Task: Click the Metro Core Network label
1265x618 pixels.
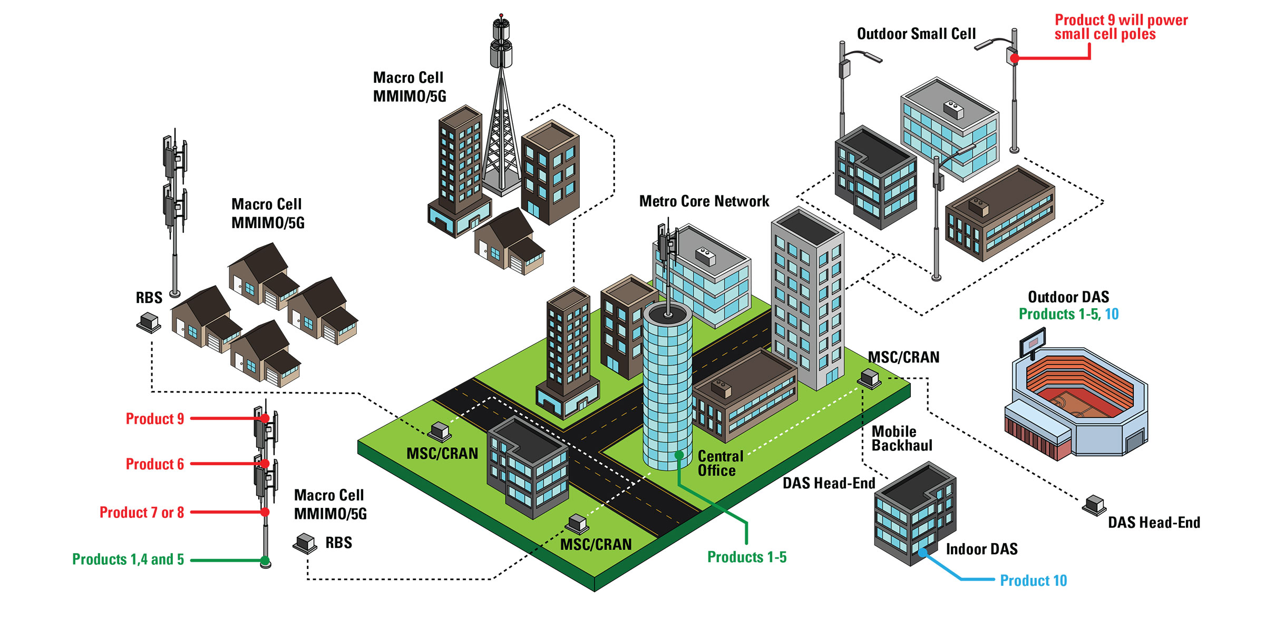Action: coord(704,201)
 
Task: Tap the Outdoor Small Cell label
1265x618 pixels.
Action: coord(916,34)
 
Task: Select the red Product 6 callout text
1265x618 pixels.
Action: coord(154,464)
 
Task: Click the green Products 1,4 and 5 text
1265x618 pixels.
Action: coord(128,560)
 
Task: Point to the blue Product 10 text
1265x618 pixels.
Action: coord(1033,581)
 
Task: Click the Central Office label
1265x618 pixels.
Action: coord(720,463)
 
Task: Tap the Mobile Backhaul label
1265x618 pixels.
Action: coord(901,438)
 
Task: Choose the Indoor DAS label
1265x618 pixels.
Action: coord(981,549)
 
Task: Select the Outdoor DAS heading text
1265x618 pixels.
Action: coord(1068,297)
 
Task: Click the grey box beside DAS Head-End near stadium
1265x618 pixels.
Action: coord(1094,505)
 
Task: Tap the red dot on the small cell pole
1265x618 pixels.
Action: coord(1015,58)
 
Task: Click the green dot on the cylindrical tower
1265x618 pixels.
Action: coord(679,455)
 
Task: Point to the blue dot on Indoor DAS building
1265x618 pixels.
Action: coord(922,553)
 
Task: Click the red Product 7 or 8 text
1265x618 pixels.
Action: coord(141,513)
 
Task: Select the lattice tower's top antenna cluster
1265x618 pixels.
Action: coord(501,42)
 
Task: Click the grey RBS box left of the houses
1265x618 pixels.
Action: coord(149,321)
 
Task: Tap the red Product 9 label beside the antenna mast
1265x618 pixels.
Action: coord(154,419)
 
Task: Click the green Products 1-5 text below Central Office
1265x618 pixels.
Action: coord(746,557)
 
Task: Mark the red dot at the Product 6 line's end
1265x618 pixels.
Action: coord(265,464)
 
